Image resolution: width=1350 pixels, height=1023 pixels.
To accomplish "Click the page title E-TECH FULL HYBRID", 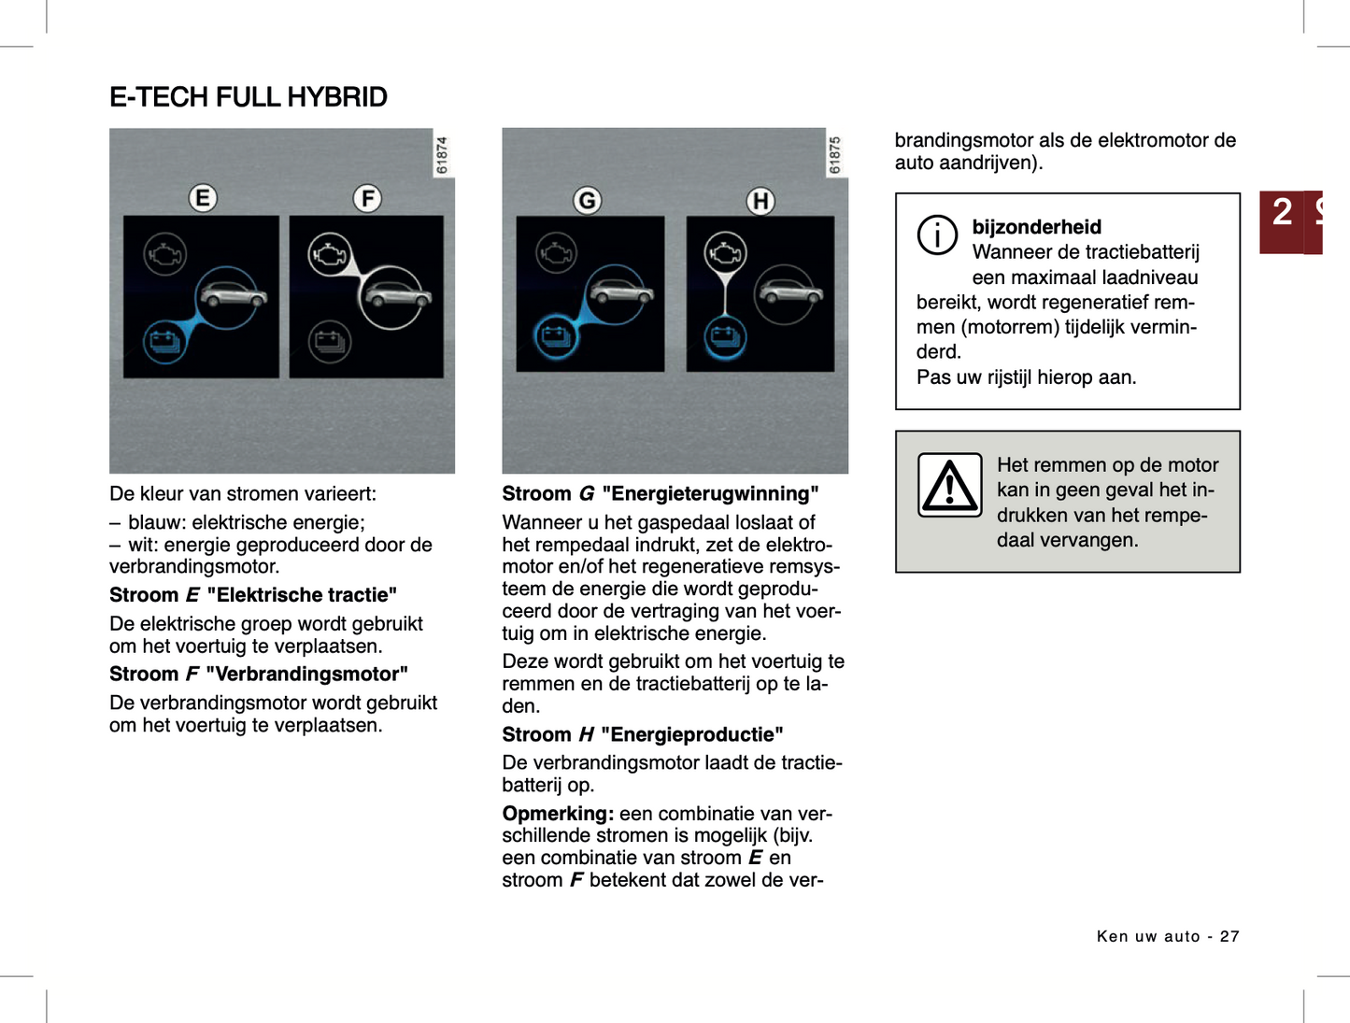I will (248, 97).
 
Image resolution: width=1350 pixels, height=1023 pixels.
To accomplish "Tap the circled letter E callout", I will (203, 198).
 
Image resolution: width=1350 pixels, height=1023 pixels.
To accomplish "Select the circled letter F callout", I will (367, 198).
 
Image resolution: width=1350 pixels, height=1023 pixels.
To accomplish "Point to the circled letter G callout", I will (587, 200).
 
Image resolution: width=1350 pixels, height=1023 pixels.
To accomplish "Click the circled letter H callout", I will (760, 201).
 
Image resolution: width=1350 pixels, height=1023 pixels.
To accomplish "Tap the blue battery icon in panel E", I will (164, 341).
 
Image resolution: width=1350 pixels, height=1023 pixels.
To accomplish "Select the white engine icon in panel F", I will (330, 255).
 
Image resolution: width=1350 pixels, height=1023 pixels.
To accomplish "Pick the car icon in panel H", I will (789, 292).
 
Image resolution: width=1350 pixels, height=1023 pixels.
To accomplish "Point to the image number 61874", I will (442, 155).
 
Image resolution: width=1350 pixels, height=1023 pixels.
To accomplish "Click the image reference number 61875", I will (835, 155).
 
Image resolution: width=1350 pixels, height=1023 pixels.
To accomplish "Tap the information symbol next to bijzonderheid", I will (937, 234).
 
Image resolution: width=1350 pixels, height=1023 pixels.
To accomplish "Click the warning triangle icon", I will (949, 485).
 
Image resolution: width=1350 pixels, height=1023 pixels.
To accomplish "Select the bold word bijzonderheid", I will (1036, 227).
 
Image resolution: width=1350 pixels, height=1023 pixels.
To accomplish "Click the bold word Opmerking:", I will (558, 814).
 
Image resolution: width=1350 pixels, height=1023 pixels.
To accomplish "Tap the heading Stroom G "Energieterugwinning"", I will (660, 494).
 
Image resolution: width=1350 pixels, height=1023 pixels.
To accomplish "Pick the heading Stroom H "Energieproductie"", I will (642, 735).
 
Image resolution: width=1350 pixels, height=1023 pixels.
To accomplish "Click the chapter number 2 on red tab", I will (1282, 212).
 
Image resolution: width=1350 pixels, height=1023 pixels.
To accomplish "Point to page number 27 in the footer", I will (1229, 936).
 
